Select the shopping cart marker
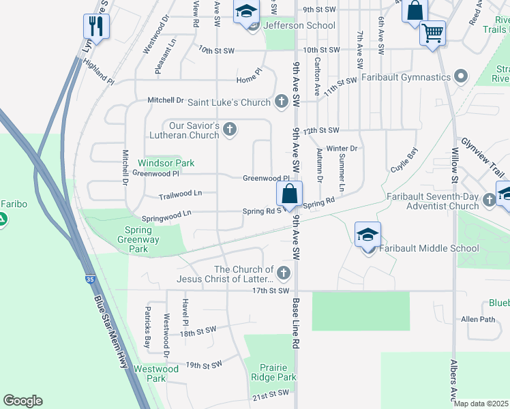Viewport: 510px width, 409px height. [x=433, y=31]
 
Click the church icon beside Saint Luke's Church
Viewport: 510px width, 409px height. [x=281, y=102]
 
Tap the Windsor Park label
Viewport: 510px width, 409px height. [x=166, y=163]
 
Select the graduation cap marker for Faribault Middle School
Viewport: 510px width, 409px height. [x=367, y=234]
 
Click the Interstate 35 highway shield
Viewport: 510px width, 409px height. [x=91, y=279]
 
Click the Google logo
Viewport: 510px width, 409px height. [x=23, y=401]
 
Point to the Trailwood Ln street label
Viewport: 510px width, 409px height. [x=180, y=194]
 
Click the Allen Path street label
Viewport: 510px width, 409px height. [x=478, y=319]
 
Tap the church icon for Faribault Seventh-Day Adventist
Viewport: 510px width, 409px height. [x=489, y=200]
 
